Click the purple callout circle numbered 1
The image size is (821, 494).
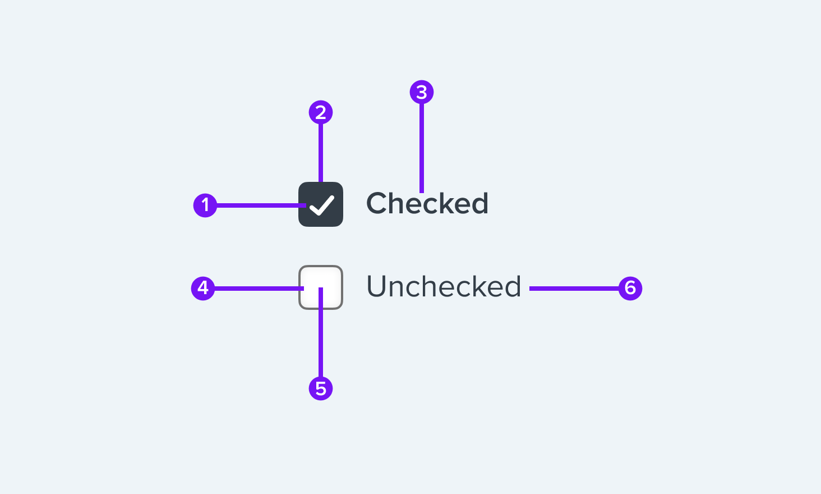click(205, 205)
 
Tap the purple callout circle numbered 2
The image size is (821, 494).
click(321, 112)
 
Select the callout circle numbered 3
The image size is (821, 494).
click(422, 92)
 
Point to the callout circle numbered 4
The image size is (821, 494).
click(203, 289)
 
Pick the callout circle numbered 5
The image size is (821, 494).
click(321, 388)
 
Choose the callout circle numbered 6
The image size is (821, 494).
click(630, 289)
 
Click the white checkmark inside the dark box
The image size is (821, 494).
click(322, 205)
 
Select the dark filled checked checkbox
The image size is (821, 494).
click(321, 204)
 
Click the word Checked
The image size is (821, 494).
click(427, 203)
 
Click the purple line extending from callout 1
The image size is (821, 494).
click(261, 205)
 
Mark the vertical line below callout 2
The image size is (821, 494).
click(321, 153)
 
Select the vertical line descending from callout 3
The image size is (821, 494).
click(422, 148)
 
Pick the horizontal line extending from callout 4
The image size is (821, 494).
click(259, 289)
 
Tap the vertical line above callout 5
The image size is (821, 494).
click(321, 332)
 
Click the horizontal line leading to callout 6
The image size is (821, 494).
click(574, 289)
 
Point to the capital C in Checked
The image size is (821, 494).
click(377, 203)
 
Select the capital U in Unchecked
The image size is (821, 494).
click(377, 286)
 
